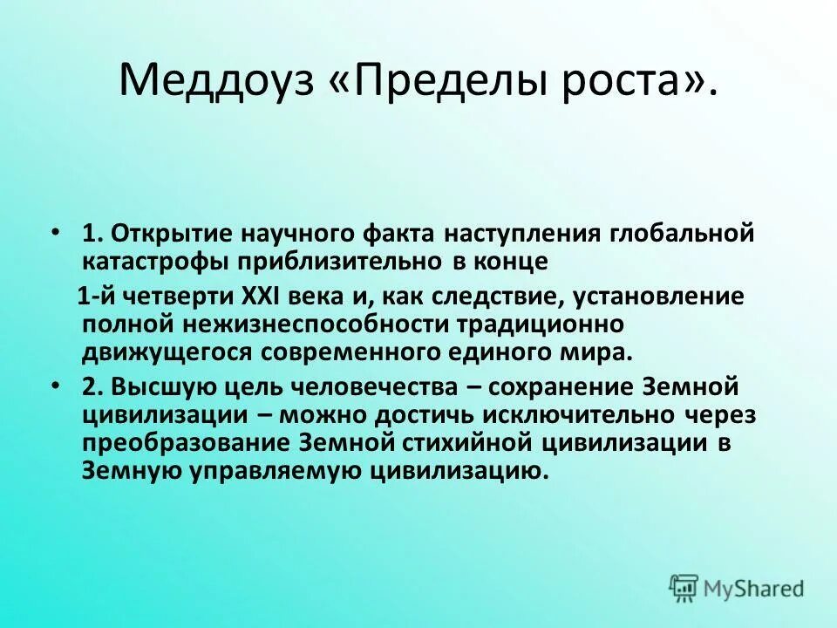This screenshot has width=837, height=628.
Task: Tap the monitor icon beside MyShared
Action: coord(684,588)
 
